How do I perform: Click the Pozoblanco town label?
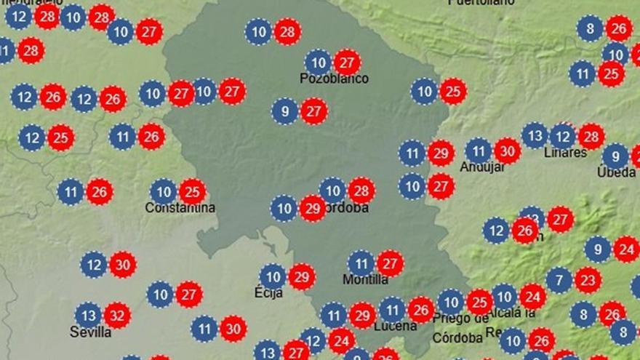tap(334, 79)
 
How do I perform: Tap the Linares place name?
tap(565, 153)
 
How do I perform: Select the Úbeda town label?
tap(616, 172)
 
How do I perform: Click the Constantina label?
tap(180, 207)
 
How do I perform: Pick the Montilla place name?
tap(365, 279)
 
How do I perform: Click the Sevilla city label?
tap(90, 332)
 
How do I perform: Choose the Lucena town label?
tap(395, 327)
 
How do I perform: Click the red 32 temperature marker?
tap(117, 315)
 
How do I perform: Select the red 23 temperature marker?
tap(588, 279)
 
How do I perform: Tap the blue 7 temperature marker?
tap(559, 279)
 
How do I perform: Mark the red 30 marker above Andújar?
tap(508, 151)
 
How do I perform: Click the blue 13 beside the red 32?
tap(88, 315)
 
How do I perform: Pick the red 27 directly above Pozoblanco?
tap(347, 62)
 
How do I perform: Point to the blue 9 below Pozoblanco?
tap(284, 111)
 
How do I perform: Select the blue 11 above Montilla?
tap(361, 263)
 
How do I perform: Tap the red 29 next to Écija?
tap(302, 276)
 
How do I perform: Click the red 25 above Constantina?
tap(193, 192)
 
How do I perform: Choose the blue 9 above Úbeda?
tap(615, 156)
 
